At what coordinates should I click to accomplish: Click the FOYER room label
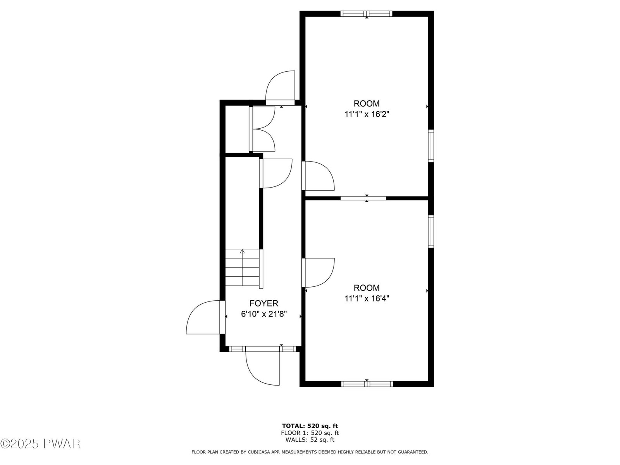(x=263, y=303)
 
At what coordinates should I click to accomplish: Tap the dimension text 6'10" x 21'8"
(x=264, y=314)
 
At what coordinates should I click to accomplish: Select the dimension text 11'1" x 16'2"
(x=367, y=114)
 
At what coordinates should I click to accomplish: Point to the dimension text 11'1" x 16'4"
(x=367, y=298)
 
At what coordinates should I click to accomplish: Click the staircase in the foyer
(x=244, y=269)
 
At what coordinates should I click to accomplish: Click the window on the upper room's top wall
(x=366, y=14)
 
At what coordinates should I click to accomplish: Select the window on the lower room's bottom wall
(x=367, y=384)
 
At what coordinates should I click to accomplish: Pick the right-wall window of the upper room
(x=431, y=146)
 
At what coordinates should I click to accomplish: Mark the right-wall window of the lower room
(x=431, y=231)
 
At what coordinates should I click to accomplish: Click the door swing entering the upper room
(x=318, y=176)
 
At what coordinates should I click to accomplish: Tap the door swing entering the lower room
(x=318, y=273)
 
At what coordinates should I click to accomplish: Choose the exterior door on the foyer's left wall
(x=206, y=317)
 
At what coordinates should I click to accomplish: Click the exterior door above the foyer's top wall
(x=280, y=88)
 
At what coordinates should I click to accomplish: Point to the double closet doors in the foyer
(x=262, y=129)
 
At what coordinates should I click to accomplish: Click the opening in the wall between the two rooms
(x=363, y=198)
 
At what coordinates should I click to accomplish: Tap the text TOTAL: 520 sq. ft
(x=310, y=426)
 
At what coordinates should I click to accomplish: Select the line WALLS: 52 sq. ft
(x=310, y=439)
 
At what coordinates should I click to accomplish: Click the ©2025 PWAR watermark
(x=40, y=444)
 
